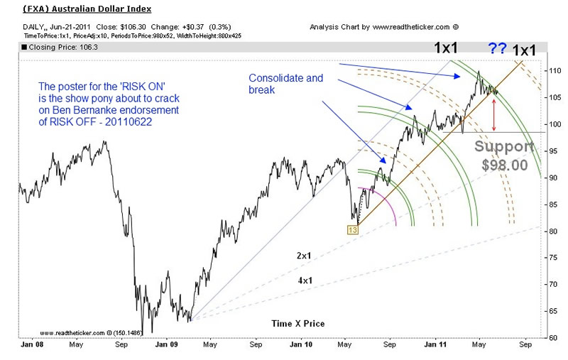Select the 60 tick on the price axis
click(552, 337)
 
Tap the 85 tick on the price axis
click(552, 204)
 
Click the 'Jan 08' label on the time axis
click(28, 348)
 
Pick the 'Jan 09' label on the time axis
click(165, 348)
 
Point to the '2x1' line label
click(305, 254)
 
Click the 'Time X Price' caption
click(297, 324)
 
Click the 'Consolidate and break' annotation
click(284, 82)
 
